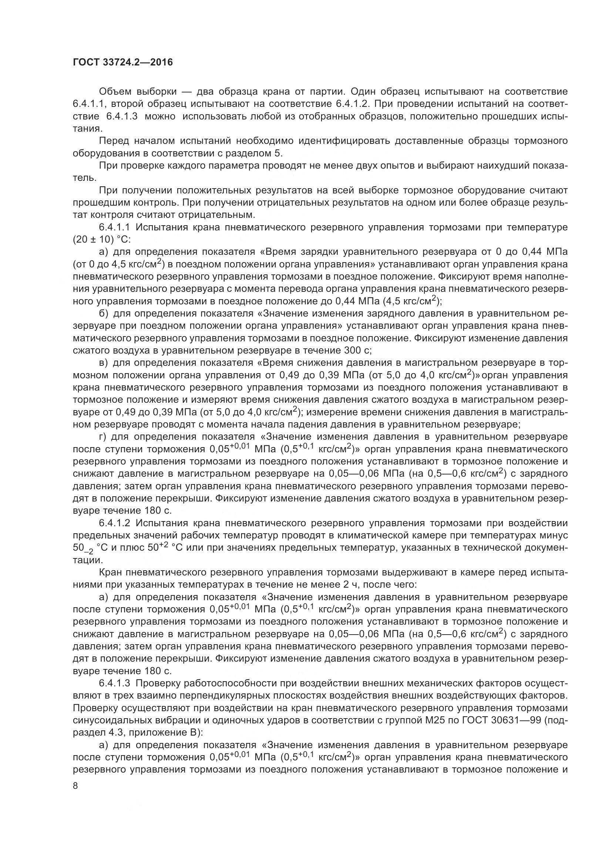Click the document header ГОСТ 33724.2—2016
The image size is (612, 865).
pyautogui.click(x=122, y=62)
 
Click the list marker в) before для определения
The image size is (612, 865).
pyautogui.click(x=104, y=363)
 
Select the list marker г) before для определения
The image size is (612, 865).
pyautogui.click(x=103, y=437)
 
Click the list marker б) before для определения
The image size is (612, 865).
pyautogui.click(x=104, y=314)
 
